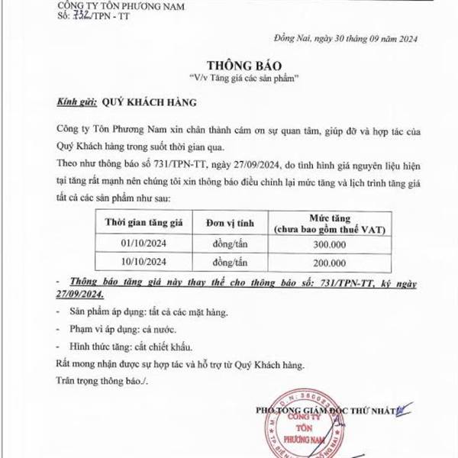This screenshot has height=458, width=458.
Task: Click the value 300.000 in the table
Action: tap(330, 244)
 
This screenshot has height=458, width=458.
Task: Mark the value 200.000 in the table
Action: tap(330, 262)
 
